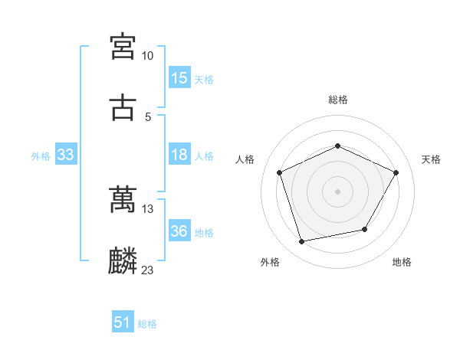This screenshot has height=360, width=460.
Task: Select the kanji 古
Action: (123, 107)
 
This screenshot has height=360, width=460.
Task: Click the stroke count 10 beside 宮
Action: (147, 56)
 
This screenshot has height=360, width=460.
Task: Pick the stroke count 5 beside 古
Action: (148, 116)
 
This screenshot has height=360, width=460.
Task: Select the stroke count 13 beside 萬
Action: (147, 209)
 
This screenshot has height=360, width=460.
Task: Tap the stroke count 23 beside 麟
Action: (147, 270)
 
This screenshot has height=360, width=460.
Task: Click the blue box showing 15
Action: (179, 78)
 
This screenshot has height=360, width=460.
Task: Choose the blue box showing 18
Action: (179, 155)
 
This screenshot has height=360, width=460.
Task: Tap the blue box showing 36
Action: (179, 231)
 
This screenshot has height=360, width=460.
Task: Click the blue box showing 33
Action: (66, 155)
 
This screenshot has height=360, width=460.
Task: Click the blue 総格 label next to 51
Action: (147, 324)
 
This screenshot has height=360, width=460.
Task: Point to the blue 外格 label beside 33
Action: (41, 155)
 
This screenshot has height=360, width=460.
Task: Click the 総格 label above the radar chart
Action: (338, 100)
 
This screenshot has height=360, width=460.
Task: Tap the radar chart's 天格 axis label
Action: (431, 159)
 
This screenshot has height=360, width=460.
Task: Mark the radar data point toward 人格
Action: (280, 172)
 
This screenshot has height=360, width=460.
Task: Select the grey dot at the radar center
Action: (338, 191)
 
